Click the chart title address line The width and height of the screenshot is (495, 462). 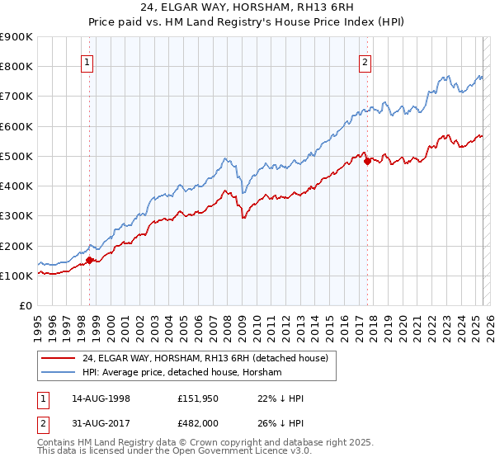pos(247,9)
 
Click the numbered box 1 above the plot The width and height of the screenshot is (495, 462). pos(87,60)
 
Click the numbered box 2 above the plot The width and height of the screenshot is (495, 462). pos(365,60)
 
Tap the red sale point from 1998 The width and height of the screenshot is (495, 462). pos(89,260)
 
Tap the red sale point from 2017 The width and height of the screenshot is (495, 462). pos(367,162)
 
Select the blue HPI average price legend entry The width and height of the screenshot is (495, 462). pos(181,373)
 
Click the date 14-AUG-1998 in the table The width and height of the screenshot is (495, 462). pos(100,398)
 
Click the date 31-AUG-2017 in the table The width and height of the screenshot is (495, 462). pos(100,422)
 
